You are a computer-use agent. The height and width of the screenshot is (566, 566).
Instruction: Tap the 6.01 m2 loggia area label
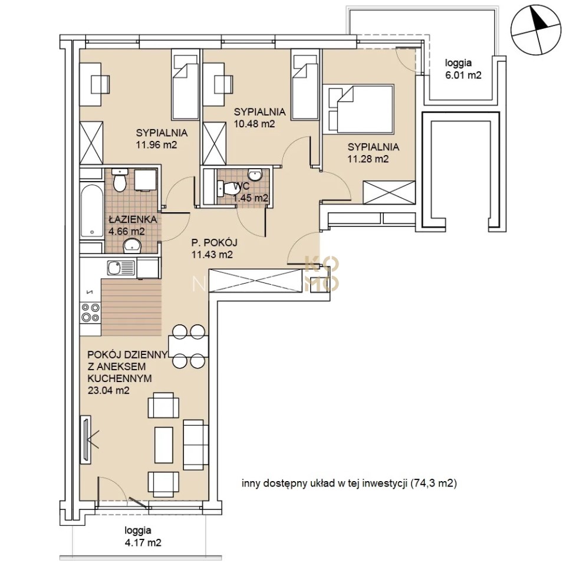[463, 75]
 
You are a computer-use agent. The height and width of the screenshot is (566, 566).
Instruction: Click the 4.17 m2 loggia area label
[143, 542]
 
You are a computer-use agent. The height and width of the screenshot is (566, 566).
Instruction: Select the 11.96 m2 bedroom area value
[156, 145]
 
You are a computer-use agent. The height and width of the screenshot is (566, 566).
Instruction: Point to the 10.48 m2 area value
[255, 124]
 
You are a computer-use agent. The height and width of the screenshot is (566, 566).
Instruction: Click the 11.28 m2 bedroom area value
[368, 159]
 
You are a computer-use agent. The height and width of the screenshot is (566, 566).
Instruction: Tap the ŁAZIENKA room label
[133, 219]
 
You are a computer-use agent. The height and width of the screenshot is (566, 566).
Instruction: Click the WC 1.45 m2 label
[251, 192]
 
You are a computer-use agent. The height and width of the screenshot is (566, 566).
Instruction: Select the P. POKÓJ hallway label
[215, 242]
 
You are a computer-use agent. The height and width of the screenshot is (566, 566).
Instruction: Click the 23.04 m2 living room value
[108, 390]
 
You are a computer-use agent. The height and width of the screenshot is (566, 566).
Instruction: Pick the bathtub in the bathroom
[92, 211]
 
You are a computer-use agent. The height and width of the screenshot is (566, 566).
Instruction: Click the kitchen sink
[120, 268]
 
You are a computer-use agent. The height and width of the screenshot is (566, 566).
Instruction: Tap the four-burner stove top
[90, 312]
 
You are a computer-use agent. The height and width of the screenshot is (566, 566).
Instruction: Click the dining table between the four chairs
[188, 346]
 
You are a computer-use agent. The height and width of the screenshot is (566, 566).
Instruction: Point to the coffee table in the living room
[164, 445]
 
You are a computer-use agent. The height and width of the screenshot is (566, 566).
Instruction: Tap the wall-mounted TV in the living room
[86, 439]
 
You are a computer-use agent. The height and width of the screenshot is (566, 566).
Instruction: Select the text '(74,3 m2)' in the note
[433, 483]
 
